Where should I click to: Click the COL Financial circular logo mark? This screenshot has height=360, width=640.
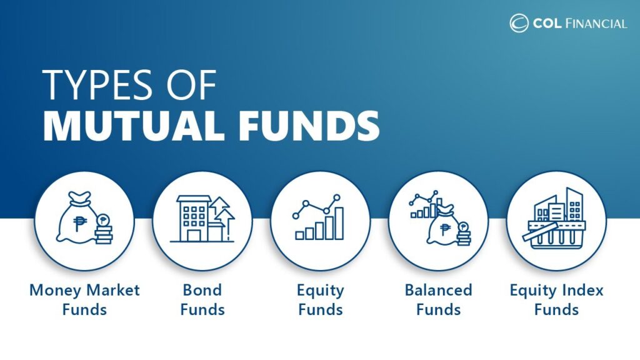519,23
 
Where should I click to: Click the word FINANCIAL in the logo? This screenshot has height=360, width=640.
596,24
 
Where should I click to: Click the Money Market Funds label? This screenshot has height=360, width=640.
84,299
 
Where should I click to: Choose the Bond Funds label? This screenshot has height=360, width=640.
202,299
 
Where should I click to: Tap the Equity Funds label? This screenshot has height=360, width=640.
320,299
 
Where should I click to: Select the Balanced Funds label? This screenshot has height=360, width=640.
438,299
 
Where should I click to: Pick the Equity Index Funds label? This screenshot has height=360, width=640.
556,299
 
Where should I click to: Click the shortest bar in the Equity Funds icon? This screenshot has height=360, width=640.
299,234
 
